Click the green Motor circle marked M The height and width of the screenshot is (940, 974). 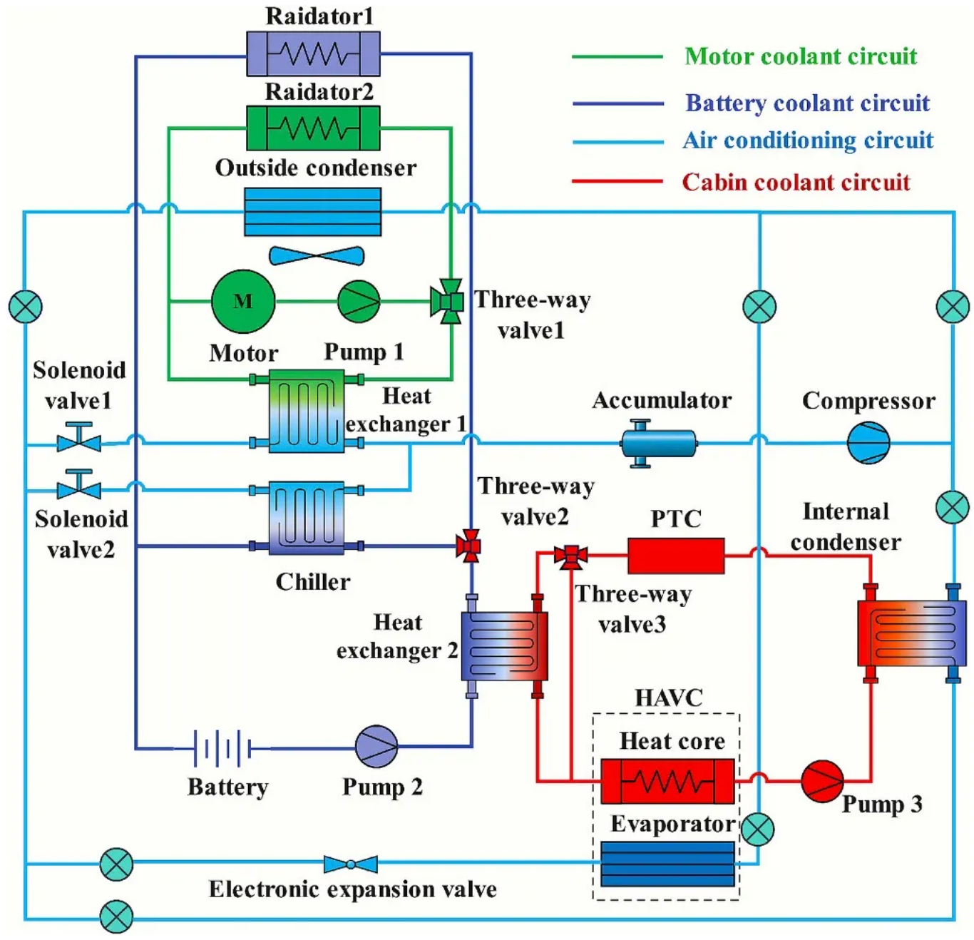click(243, 301)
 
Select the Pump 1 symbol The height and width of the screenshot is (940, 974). click(358, 302)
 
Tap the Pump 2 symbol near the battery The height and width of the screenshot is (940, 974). click(376, 747)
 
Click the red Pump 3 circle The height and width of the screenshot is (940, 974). click(822, 781)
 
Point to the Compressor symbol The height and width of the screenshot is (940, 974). click(868, 442)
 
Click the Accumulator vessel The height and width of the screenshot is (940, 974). click(658, 443)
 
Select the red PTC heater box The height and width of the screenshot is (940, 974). click(675, 556)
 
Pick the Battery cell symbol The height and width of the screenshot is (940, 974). click(222, 748)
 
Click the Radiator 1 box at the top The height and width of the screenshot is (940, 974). click(313, 53)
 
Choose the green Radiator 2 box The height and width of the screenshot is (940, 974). click(313, 128)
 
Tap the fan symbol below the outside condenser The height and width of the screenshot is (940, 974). click(316, 255)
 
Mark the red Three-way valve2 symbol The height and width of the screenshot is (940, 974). click(469, 546)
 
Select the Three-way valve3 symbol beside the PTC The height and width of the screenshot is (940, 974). click(570, 555)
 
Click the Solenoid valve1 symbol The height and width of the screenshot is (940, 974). click(78, 439)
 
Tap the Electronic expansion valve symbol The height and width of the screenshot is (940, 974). click(350, 864)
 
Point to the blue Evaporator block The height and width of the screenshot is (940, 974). click(667, 864)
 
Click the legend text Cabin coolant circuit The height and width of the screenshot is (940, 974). click(796, 182)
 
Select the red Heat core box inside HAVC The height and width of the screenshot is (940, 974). click(667, 781)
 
